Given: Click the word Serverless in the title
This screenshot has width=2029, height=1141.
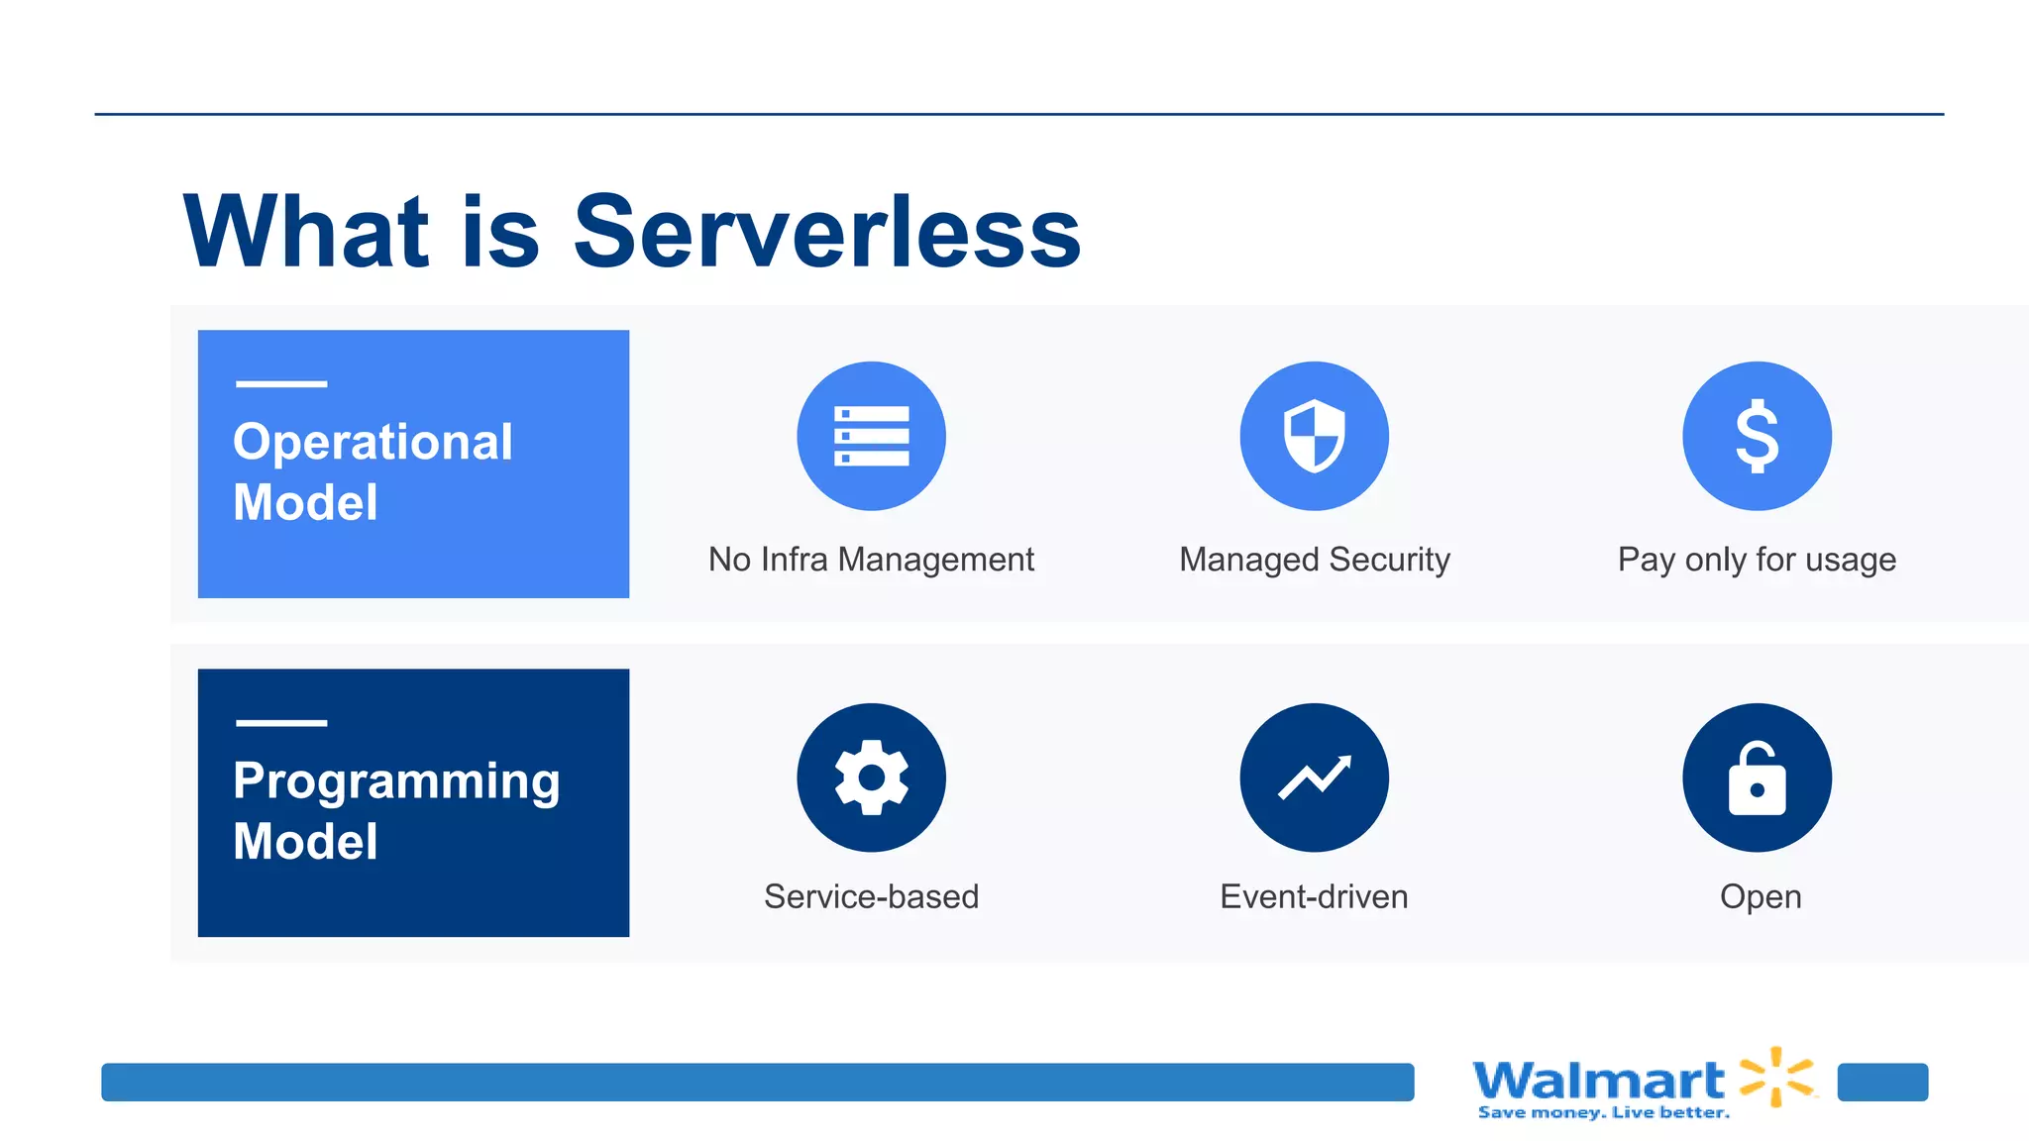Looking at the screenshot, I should (x=827, y=233).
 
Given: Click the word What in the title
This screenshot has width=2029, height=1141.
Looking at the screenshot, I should (x=305, y=233).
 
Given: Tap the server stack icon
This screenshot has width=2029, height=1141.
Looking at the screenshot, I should (x=871, y=436).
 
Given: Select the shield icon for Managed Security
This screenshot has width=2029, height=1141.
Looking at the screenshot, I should (x=1314, y=436).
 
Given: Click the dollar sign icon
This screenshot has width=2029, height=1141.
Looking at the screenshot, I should (x=1757, y=436).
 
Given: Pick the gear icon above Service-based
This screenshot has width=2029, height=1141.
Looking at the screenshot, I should (x=871, y=778).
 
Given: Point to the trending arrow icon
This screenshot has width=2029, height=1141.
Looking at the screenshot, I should (x=1314, y=778).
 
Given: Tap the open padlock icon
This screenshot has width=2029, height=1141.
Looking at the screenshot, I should (x=1757, y=778).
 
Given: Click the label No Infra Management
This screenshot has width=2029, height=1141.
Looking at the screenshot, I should (x=871, y=560).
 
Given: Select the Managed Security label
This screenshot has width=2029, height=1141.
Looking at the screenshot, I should (x=1314, y=560).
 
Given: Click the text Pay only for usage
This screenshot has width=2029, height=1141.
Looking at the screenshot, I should (x=1757, y=560).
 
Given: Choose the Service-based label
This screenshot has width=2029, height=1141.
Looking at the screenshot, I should (x=871, y=896).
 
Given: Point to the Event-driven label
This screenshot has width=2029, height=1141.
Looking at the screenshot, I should (x=1314, y=896).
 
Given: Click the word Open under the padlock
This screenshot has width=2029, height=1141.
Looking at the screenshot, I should (x=1761, y=896).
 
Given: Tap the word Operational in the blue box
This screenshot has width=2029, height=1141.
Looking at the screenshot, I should (x=373, y=442).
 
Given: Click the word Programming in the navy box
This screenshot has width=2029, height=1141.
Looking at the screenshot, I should (x=396, y=781).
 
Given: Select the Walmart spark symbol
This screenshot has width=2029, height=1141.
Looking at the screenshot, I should (x=1777, y=1077).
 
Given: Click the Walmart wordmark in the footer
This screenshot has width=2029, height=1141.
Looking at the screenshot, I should (x=1599, y=1080).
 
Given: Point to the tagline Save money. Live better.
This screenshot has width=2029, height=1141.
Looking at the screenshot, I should (x=1603, y=1113).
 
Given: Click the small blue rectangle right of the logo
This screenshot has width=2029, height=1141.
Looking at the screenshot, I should (x=1882, y=1082).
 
